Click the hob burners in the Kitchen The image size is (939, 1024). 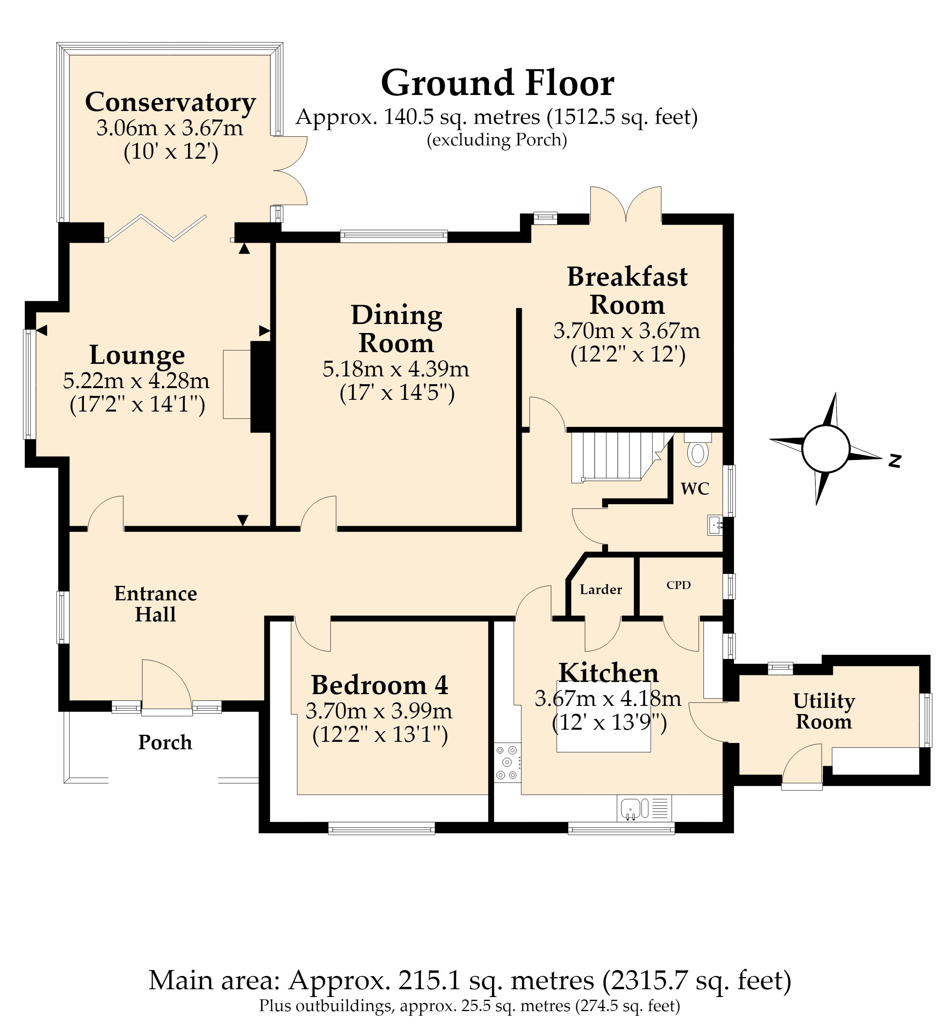point(507,762)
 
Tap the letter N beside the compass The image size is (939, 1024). point(895,461)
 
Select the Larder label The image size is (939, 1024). point(601,590)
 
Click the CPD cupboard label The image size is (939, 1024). point(679,585)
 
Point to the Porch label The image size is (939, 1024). point(165,743)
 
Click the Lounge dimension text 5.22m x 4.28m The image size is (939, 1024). point(136,380)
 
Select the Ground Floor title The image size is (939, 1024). point(498,83)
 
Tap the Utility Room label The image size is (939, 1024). point(824,711)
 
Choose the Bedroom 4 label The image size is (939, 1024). point(380,685)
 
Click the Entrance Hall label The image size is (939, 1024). point(156,604)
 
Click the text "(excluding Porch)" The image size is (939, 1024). point(497,140)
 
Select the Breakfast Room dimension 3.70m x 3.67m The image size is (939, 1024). point(627,331)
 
